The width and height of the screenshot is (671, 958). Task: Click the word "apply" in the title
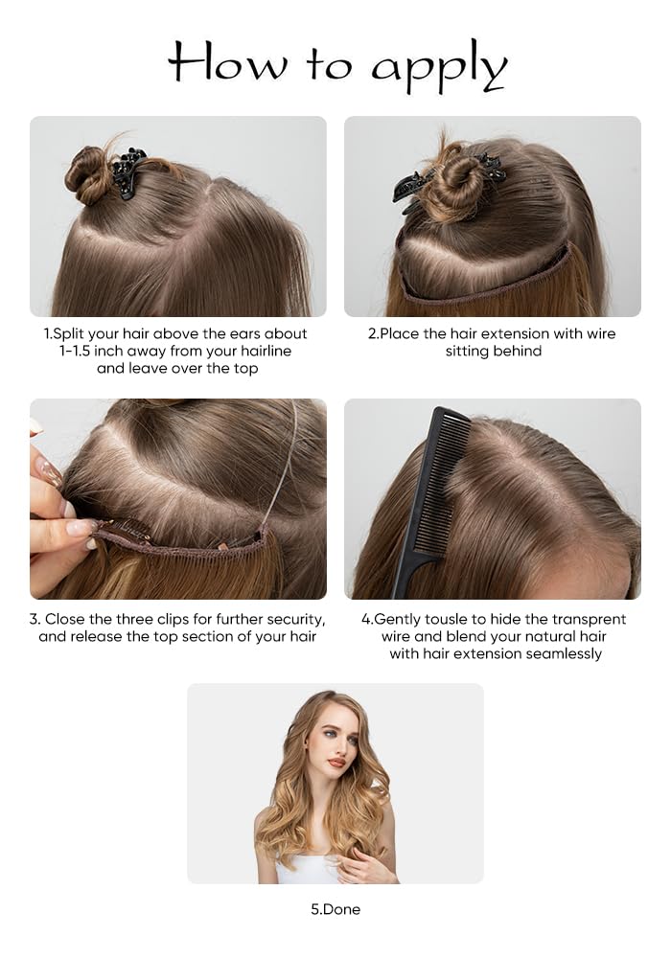pos(438,67)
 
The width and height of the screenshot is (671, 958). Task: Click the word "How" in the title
pos(227,63)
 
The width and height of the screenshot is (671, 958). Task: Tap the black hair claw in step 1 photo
pos(128,172)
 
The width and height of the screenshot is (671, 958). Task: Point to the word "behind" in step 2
pos(518,351)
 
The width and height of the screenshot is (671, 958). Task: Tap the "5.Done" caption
pos(335,909)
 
